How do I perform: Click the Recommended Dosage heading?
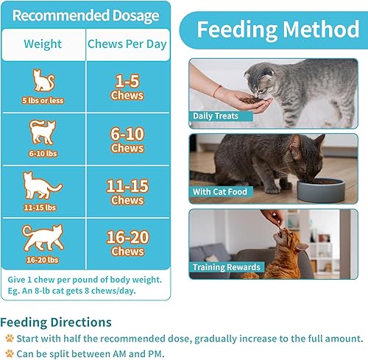click(x=85, y=15)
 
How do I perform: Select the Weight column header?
click(x=43, y=44)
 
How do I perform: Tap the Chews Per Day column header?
click(x=127, y=44)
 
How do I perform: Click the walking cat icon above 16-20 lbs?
click(x=43, y=237)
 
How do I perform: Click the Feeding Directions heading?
click(x=57, y=322)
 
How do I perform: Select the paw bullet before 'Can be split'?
click(x=10, y=353)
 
